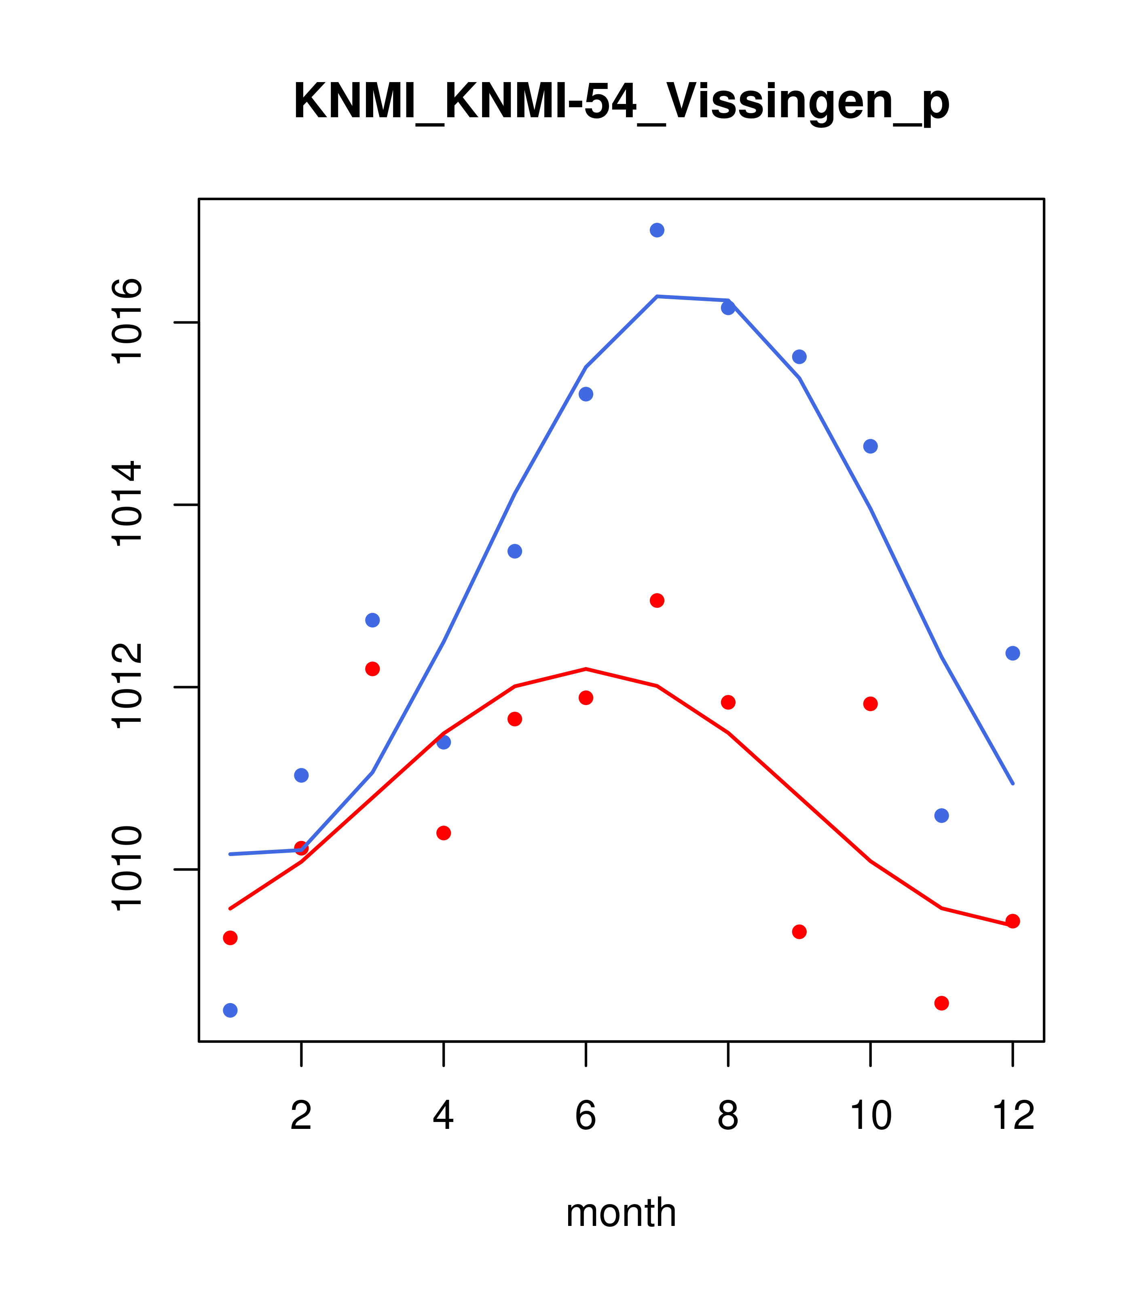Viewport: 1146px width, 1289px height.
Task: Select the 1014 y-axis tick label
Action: click(x=126, y=505)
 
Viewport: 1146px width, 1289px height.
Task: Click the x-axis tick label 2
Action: click(x=302, y=1116)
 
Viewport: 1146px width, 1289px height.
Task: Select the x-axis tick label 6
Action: click(x=586, y=1116)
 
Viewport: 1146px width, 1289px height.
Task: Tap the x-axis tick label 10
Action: click(x=870, y=1116)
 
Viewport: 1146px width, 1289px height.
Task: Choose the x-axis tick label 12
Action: click(x=1013, y=1116)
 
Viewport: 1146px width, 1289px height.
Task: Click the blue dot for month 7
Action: click(x=657, y=230)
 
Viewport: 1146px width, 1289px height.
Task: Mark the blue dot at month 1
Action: click(x=230, y=1010)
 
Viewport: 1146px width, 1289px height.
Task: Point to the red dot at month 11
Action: click(x=942, y=1003)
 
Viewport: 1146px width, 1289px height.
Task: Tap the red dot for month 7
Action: click(x=657, y=600)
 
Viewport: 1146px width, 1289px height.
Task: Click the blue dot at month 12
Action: click(x=1013, y=653)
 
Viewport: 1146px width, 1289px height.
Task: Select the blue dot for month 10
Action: click(x=870, y=446)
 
